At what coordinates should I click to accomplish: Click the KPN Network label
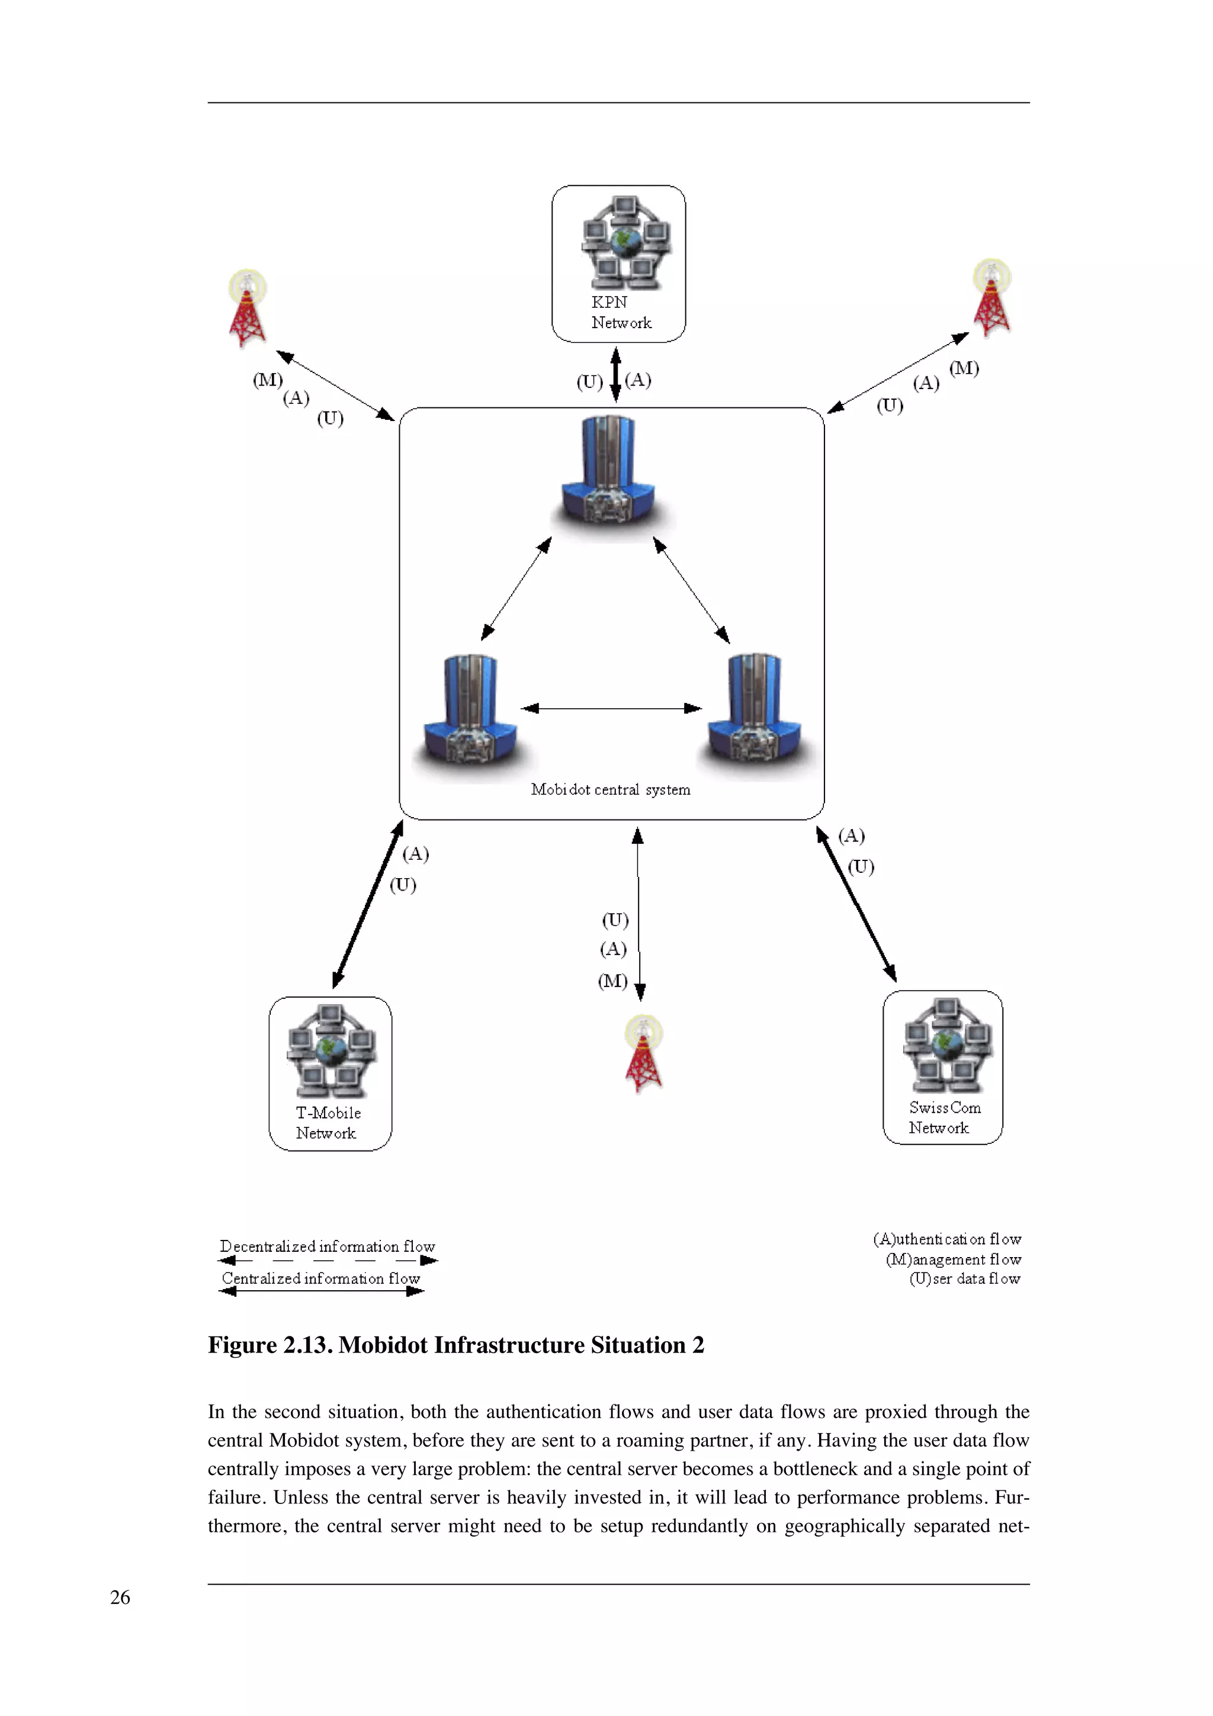(x=620, y=313)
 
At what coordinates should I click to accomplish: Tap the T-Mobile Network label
(x=328, y=1123)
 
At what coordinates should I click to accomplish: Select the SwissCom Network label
(x=944, y=1117)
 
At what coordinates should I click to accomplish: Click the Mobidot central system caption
(x=610, y=789)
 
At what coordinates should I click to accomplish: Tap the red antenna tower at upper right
(x=991, y=298)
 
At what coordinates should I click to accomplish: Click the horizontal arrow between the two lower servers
(x=611, y=708)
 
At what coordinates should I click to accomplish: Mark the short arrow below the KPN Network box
(x=615, y=374)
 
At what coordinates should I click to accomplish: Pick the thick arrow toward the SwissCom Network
(x=856, y=904)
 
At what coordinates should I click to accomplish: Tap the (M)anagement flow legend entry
(x=953, y=1259)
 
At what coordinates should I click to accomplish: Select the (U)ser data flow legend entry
(x=964, y=1279)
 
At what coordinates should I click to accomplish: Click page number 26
(x=120, y=1597)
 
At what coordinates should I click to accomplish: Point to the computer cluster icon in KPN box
(x=625, y=242)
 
